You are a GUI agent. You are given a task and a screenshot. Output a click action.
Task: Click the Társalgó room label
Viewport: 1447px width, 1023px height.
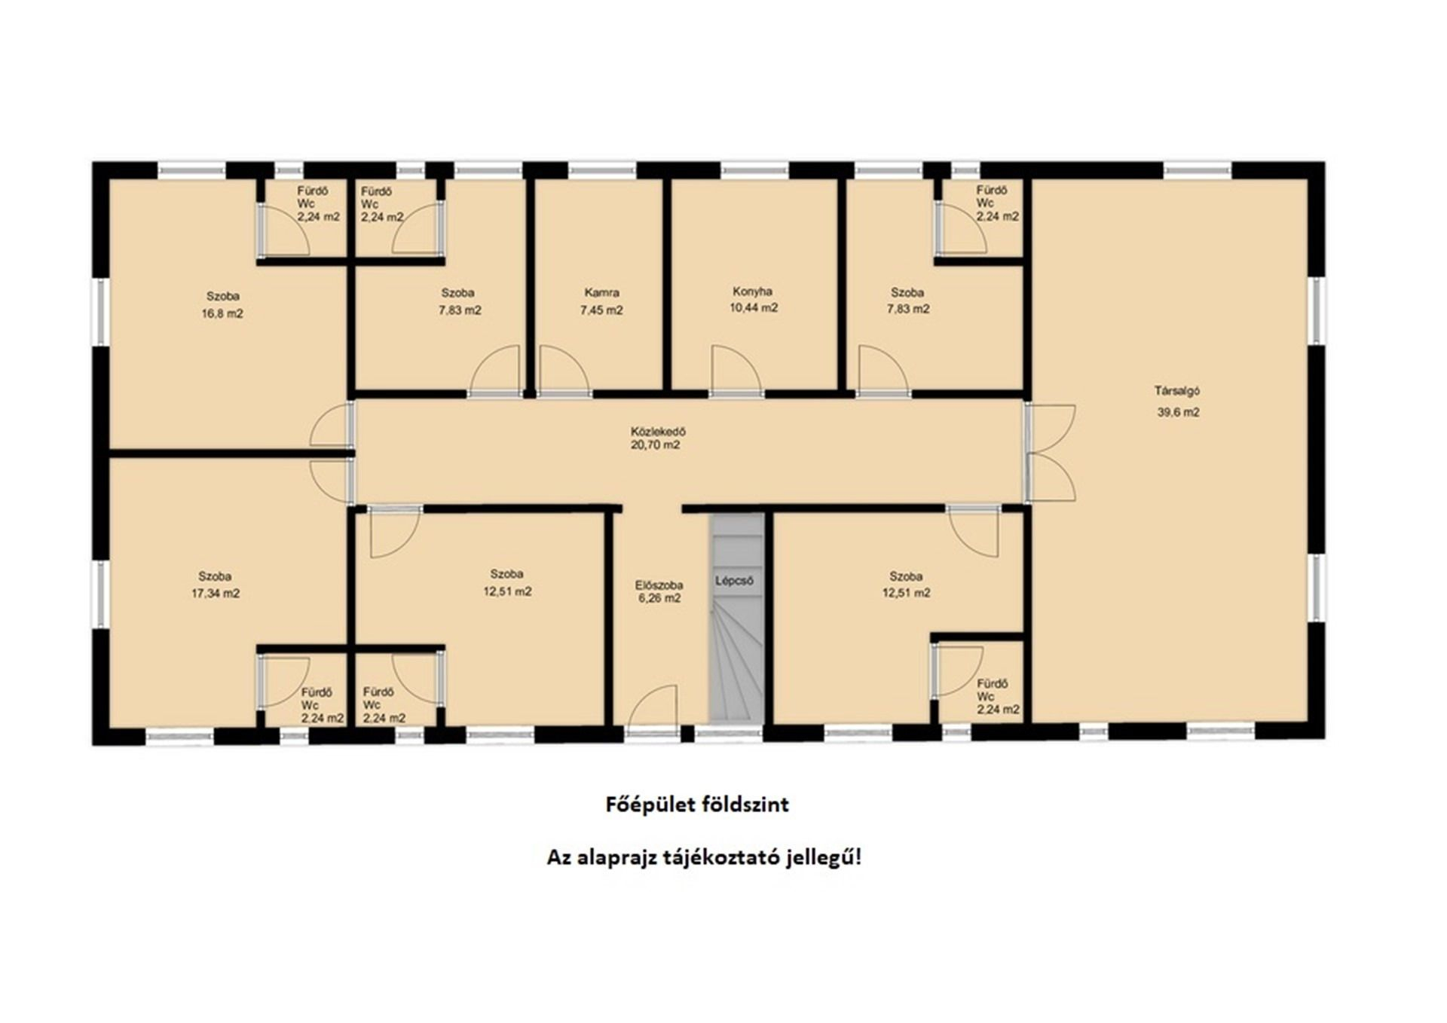pos(1176,391)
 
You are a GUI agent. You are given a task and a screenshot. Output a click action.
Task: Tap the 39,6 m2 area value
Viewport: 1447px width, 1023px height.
pos(1178,412)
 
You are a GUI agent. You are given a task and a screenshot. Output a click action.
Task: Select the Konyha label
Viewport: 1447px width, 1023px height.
pos(752,292)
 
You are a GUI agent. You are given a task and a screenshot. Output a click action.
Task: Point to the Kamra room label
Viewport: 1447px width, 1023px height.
pos(601,292)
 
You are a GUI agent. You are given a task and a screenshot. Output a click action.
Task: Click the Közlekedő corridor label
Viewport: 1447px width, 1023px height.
pos(657,432)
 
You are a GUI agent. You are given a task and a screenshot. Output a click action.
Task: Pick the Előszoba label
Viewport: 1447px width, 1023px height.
pos(659,585)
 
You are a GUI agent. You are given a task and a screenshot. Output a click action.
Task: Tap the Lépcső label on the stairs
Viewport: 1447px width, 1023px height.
pos(734,581)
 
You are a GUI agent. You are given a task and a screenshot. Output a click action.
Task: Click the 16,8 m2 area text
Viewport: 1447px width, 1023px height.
pos(222,313)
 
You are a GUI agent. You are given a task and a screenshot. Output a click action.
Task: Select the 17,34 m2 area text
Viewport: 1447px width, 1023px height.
pos(216,594)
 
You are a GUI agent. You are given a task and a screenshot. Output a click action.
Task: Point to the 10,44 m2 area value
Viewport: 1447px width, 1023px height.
pos(754,307)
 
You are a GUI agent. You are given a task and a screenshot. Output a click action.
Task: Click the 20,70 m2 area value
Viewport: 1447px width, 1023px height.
pos(656,445)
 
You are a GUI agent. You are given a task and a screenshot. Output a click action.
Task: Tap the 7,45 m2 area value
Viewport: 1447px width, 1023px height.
pos(601,310)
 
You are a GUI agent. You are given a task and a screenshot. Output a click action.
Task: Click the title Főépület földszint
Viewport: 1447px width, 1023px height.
pos(698,805)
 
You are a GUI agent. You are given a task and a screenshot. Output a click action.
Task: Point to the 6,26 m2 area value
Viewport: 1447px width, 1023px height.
pos(659,598)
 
